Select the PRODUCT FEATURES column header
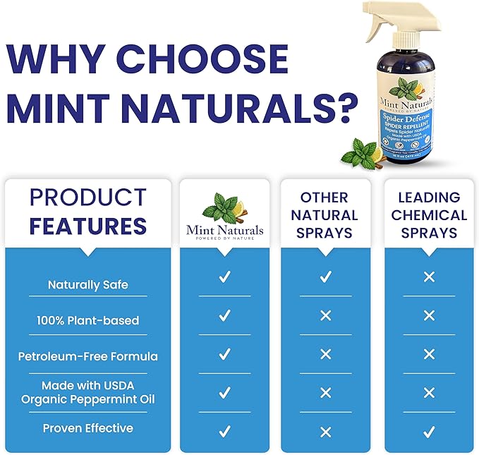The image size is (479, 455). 88,212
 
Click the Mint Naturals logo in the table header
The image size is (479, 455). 224,214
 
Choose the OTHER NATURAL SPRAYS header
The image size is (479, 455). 325,214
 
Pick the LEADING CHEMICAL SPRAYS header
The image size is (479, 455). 429,214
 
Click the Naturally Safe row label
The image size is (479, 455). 88,285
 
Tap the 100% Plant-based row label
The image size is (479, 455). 88,320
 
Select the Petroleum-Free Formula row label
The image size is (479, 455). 88,356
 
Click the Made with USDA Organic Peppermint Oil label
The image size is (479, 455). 88,393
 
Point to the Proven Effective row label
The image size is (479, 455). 88,428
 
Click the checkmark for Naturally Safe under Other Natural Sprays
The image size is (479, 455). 325,277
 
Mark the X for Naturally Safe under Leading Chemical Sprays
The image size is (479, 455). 429,277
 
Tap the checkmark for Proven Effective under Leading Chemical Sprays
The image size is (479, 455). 429,431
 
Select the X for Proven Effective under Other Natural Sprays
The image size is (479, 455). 325,431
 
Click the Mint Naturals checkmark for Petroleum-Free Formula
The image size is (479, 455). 224,354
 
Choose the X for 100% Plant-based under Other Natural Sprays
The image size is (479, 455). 325,315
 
